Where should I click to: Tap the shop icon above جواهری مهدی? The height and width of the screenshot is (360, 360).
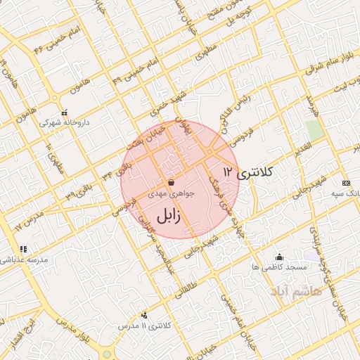pyautogui.click(x=171, y=182)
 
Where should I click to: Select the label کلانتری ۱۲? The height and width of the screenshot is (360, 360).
pyautogui.click(x=247, y=172)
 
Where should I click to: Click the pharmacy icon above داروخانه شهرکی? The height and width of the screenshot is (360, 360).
pyautogui.click(x=64, y=112)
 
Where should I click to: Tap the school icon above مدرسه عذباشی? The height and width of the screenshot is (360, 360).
pyautogui.click(x=23, y=249)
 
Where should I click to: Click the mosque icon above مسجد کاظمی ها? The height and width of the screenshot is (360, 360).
pyautogui.click(x=280, y=257)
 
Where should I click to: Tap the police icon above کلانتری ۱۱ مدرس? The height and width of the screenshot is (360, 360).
pyautogui.click(x=144, y=316)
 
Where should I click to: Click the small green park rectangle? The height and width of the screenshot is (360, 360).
pyautogui.click(x=315, y=130)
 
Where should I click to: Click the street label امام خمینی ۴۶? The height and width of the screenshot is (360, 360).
pyautogui.click(x=51, y=41)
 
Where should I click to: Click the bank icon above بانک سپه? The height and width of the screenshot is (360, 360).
pyautogui.click(x=345, y=183)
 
